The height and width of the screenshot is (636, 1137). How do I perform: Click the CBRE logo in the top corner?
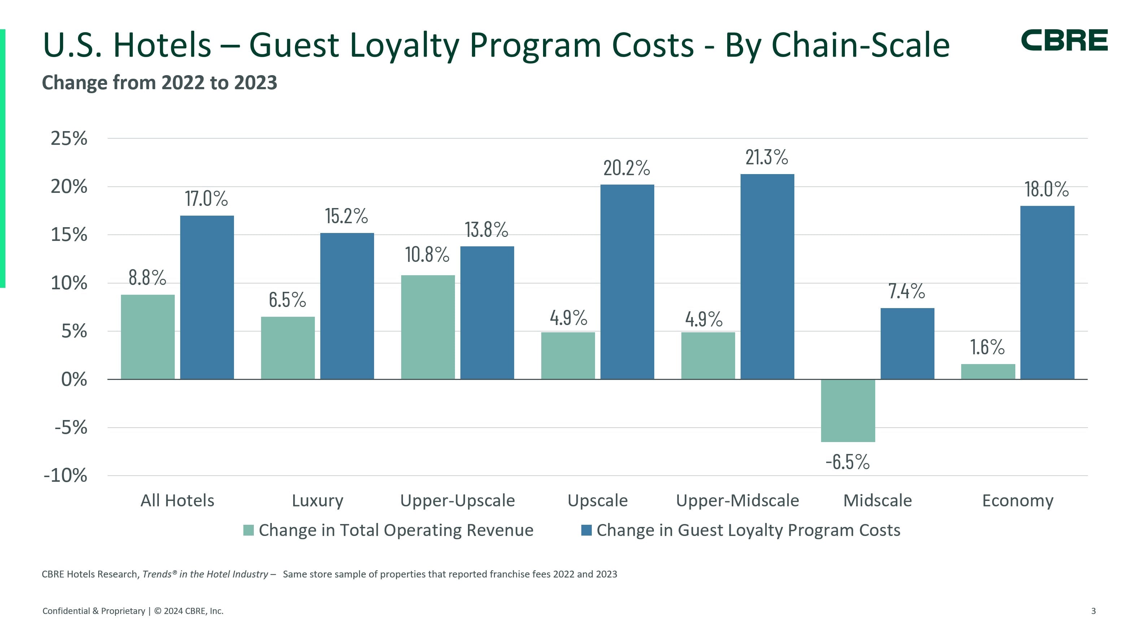pyautogui.click(x=1064, y=40)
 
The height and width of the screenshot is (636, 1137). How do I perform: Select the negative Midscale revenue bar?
pyautogui.click(x=847, y=411)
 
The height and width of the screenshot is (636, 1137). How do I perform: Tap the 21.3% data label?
pyautogui.click(x=766, y=157)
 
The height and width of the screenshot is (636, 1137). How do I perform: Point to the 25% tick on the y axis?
pyautogui.click(x=69, y=139)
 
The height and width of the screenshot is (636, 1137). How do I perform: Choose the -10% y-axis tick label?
pyautogui.click(x=65, y=476)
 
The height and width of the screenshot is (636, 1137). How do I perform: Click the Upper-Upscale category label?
pyautogui.click(x=457, y=501)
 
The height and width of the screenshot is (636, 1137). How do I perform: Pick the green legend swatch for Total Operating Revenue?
pyautogui.click(x=248, y=530)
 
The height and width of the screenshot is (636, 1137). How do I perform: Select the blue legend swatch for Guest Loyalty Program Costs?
pyautogui.click(x=586, y=530)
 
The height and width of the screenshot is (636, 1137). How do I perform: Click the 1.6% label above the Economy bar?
pyautogui.click(x=987, y=347)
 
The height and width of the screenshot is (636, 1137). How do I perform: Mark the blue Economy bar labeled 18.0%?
pyautogui.click(x=1047, y=292)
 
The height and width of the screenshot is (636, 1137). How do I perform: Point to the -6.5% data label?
pyautogui.click(x=847, y=462)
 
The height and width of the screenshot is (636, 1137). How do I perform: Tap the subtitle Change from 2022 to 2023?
pyautogui.click(x=159, y=83)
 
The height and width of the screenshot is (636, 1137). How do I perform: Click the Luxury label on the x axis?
pyautogui.click(x=317, y=501)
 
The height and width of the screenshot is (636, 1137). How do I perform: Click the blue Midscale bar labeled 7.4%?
pyautogui.click(x=907, y=343)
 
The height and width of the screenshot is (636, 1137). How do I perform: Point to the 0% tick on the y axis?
pyautogui.click(x=74, y=380)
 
